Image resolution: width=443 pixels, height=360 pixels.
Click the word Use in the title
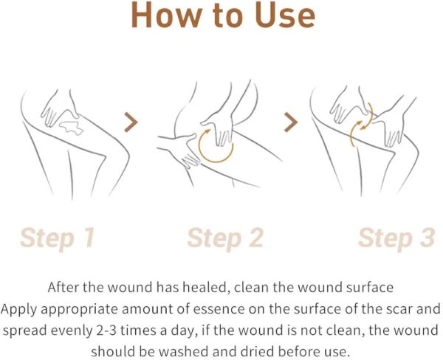coord(284,15)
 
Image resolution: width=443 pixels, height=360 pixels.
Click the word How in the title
coord(167,15)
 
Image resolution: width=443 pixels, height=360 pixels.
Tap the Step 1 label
coord(58,238)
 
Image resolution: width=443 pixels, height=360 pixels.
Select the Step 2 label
coord(225,238)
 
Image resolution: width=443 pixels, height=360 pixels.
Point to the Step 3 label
coord(396,238)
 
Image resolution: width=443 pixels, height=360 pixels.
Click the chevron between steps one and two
coord(131,122)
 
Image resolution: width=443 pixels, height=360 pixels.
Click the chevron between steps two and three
coord(291,122)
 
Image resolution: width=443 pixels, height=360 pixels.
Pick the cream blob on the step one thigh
coord(71,128)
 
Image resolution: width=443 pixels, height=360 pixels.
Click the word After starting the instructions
coord(63,288)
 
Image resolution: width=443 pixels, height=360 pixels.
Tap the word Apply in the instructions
coord(18,309)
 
